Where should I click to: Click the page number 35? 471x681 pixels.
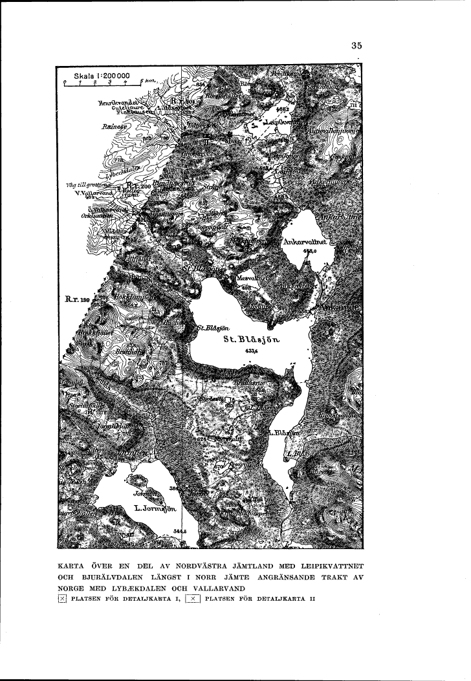356,45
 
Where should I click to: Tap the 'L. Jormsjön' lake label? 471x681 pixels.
156,509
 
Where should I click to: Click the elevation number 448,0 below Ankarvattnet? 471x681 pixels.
314,252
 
